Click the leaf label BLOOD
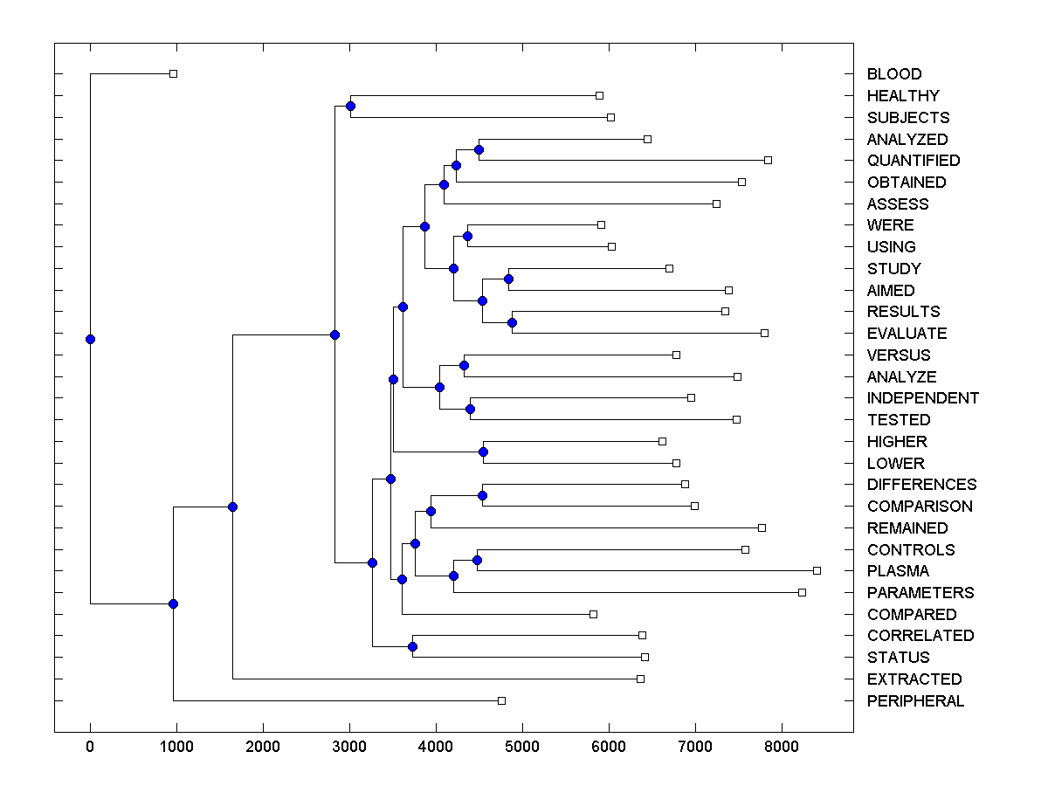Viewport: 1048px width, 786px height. (893, 74)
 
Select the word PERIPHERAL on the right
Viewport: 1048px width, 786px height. (915, 701)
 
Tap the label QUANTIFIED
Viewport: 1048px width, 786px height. (913, 161)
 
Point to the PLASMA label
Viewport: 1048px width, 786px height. (898, 571)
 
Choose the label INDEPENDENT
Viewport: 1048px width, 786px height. (922, 398)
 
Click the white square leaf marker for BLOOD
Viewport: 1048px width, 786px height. (173, 74)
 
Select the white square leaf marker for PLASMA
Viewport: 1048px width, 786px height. (817, 570)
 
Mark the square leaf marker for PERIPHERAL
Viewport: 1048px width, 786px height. (501, 700)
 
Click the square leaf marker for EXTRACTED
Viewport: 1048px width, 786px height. (640, 679)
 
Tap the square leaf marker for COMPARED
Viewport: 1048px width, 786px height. (593, 614)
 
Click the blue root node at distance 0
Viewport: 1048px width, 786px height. (90, 339)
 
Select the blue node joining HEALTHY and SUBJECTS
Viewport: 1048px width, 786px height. (350, 107)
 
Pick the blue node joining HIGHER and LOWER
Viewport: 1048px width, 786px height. (483, 452)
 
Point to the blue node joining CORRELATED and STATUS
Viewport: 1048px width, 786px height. (412, 646)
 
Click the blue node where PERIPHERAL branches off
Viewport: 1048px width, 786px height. (173, 603)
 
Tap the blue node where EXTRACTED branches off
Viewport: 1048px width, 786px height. (232, 507)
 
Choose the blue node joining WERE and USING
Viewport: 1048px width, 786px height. (467, 236)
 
